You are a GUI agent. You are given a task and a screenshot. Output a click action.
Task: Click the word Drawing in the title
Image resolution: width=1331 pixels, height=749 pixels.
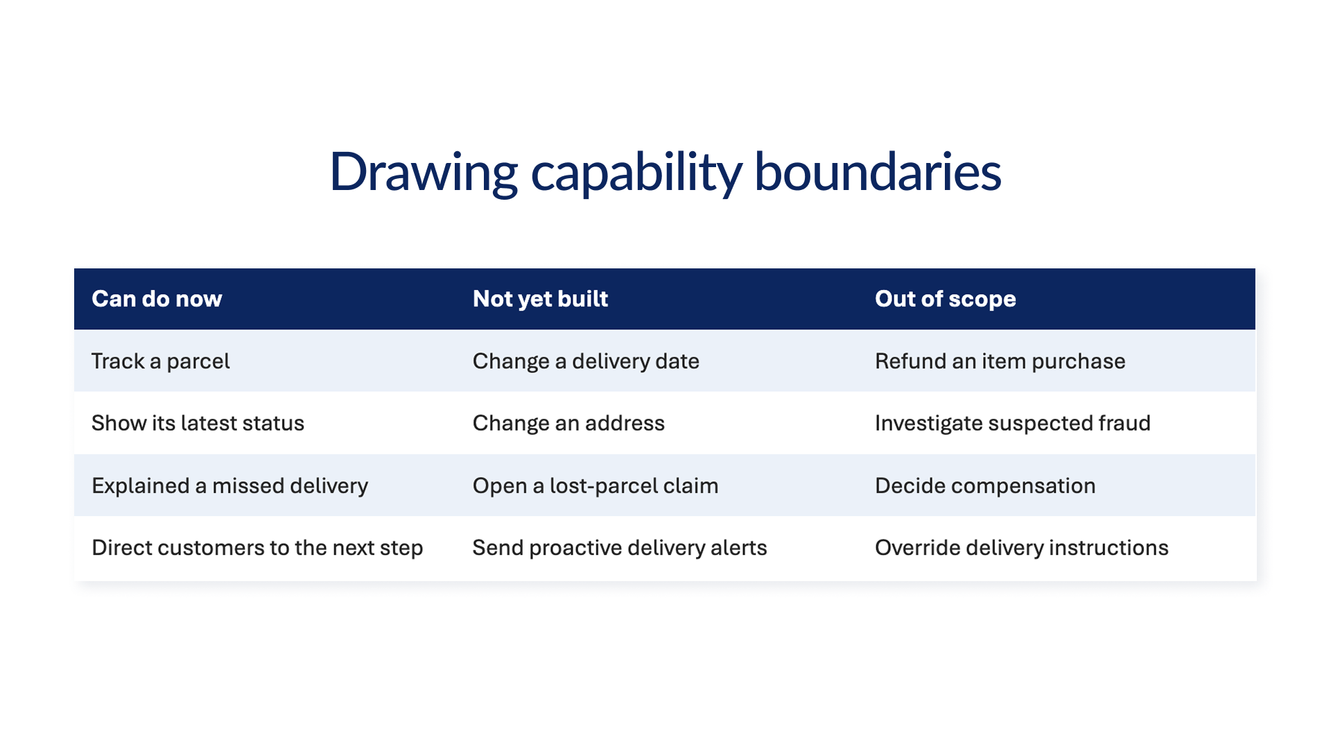tap(424, 172)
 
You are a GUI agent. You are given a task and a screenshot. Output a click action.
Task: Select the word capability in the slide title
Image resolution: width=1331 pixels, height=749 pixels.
tap(636, 172)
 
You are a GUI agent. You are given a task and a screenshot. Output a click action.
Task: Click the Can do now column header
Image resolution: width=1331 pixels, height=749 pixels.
tap(157, 299)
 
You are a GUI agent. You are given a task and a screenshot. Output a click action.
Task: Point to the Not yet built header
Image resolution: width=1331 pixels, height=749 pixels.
tap(540, 299)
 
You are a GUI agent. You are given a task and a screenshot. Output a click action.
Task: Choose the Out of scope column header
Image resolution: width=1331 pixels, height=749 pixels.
tap(946, 299)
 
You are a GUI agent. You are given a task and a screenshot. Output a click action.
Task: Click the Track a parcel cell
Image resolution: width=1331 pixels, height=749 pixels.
tap(161, 361)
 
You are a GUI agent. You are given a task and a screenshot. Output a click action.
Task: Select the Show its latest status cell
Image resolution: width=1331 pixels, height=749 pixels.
tap(198, 423)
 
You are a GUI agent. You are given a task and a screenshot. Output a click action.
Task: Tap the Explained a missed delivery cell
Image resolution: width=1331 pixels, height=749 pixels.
tap(229, 485)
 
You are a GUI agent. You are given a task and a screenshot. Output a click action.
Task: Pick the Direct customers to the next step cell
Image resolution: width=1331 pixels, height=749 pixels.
tap(257, 548)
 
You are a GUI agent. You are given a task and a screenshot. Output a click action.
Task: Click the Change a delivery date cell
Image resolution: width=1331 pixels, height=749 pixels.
tap(586, 361)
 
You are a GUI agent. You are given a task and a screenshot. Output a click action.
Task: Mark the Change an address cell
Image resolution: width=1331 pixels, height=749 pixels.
tap(568, 423)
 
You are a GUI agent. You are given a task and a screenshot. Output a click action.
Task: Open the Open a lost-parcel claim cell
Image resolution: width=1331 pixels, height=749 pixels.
tap(595, 485)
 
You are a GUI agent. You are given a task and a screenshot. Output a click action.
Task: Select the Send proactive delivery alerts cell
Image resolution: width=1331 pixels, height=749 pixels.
tap(620, 548)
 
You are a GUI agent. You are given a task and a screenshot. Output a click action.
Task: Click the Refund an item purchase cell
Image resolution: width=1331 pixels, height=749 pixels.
tap(1000, 361)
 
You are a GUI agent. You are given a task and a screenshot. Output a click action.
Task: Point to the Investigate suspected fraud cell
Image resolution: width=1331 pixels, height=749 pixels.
tap(1013, 423)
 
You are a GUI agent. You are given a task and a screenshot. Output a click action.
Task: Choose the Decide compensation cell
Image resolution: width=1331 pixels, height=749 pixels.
tap(985, 485)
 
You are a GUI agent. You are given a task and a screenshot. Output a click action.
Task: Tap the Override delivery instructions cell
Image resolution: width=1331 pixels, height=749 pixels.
tap(1022, 548)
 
